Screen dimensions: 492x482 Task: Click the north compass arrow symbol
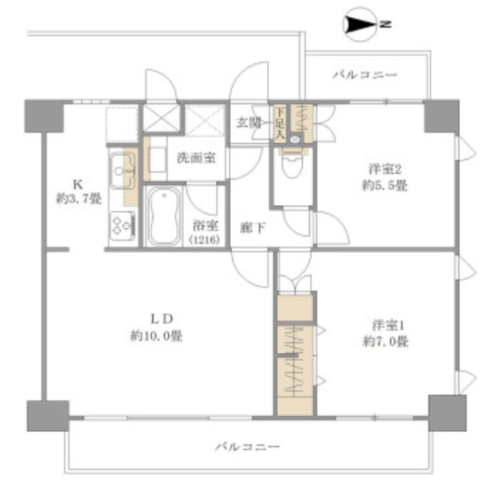tap(360, 24)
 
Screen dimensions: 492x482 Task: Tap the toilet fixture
tap(293, 162)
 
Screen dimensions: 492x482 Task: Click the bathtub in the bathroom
tap(164, 216)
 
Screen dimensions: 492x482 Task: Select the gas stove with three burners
tap(123, 225)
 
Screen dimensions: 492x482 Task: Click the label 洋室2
tap(384, 169)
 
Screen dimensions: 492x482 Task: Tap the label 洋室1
tap(387, 325)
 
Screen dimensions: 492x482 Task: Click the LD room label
tap(162, 319)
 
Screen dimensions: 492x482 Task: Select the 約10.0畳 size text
tap(156, 336)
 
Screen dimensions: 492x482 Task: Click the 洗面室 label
tap(197, 158)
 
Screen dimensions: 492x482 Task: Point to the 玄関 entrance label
tap(249, 123)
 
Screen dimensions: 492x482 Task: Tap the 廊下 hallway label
tap(253, 228)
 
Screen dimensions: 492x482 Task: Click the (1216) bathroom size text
tap(204, 240)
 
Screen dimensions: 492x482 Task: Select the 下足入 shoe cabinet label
tap(280, 123)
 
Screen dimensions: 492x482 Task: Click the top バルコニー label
tap(365, 75)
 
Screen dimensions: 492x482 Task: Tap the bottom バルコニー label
tap(248, 446)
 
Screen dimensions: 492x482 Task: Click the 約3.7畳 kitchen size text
tap(78, 198)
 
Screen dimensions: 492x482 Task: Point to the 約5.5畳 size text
tap(384, 185)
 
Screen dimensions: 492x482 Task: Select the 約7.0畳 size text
tap(386, 341)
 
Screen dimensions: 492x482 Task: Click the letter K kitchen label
tap(78, 184)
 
